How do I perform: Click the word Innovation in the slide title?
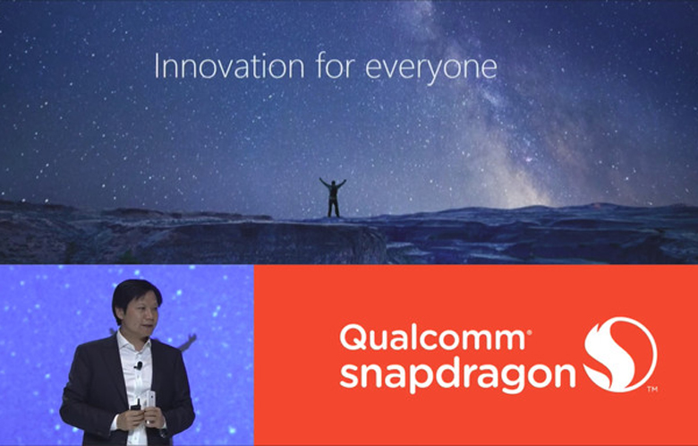tap(229, 67)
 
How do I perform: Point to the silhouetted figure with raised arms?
tap(333, 197)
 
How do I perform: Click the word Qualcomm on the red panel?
tap(434, 338)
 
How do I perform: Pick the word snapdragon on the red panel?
tap(457, 374)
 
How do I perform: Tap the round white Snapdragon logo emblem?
tap(620, 355)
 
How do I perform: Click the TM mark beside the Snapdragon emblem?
tap(652, 390)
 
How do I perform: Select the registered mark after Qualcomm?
tap(528, 332)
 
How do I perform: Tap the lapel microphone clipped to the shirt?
tap(139, 365)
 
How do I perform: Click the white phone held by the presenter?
tap(149, 400)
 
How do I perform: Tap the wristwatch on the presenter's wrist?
tap(164, 432)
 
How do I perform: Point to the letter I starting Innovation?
tap(157, 67)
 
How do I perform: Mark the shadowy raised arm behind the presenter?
tap(187, 342)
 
